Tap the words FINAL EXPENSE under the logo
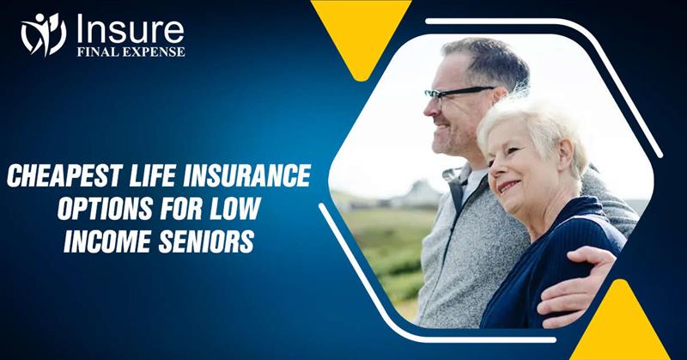tap(128, 52)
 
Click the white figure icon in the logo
tap(43, 34)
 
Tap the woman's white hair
tap(532, 120)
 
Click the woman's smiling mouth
tap(508, 186)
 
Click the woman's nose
tap(497, 168)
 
